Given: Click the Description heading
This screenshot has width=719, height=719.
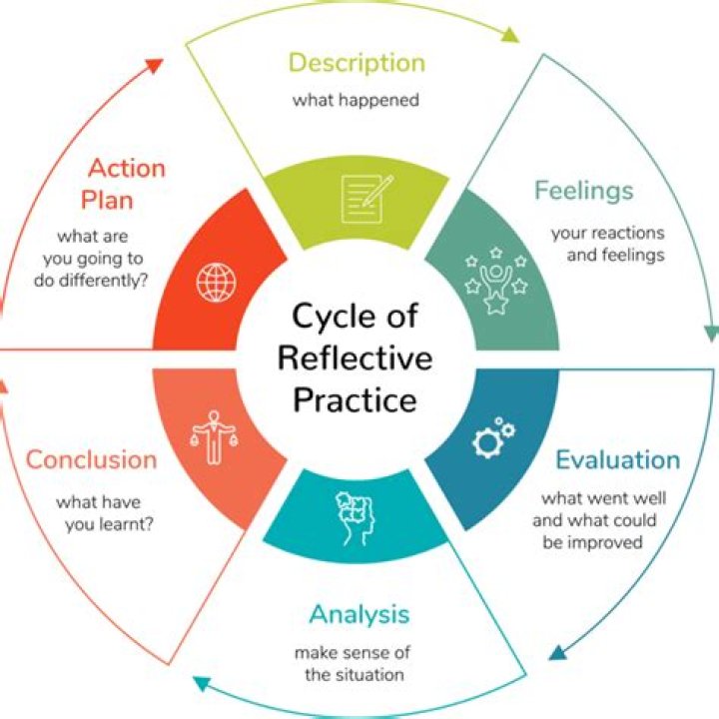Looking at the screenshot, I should coord(356,63).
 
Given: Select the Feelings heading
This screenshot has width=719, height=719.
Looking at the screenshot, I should coord(583,190).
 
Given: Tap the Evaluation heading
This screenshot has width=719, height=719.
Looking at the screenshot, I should coord(617,460).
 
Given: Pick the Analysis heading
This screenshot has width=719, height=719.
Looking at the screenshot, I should coord(359,613).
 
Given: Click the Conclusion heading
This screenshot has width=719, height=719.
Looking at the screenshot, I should coord(91,460).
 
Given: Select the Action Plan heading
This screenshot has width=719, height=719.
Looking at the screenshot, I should coord(125,183).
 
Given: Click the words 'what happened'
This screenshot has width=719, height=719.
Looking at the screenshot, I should coord(356,101).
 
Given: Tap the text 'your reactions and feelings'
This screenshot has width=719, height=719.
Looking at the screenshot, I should coord(607,244).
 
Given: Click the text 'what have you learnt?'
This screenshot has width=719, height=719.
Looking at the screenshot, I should coord(104,512).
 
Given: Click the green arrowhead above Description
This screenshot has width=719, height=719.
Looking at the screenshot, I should coord(509,34).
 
